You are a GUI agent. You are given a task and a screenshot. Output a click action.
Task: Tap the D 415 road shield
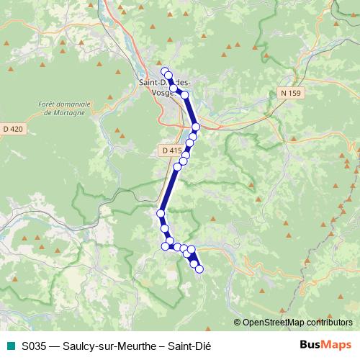tap(171, 150)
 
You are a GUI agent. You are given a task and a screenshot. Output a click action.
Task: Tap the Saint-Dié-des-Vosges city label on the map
tap(165, 83)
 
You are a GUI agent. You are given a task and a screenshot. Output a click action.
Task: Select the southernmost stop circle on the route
tap(199, 269)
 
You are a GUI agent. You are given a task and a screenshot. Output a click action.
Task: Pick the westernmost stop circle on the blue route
tap(161, 213)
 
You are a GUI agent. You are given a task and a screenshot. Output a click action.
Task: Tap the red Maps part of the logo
tap(338, 344)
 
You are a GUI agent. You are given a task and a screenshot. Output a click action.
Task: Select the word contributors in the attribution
tap(332, 322)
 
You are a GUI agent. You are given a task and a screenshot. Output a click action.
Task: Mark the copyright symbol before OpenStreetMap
tap(238, 322)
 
